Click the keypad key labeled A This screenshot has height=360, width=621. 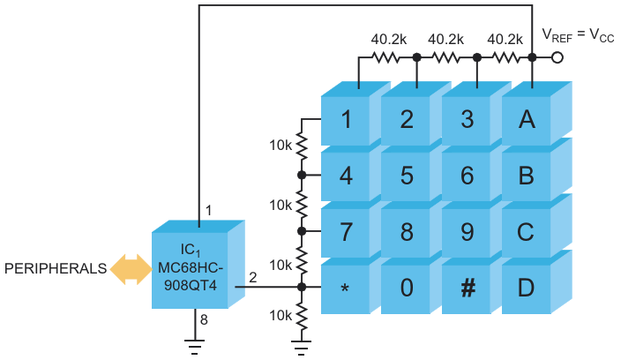(527, 120)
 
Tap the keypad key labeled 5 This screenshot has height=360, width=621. (407, 176)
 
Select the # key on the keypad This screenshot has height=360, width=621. (467, 288)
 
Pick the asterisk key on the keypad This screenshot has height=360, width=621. (347, 288)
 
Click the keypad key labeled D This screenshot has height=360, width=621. (527, 288)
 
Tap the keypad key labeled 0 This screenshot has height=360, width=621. (407, 288)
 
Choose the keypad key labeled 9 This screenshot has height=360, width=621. (467, 232)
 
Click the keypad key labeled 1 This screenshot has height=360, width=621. (347, 120)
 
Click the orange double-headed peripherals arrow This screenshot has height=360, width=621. (129, 268)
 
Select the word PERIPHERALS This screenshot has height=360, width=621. (53, 268)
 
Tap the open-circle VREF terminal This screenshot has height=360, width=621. (557, 58)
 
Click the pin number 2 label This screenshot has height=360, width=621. (253, 279)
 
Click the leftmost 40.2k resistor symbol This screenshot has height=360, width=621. (386, 58)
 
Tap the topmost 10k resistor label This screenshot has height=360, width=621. (281, 144)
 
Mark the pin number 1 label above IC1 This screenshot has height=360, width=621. (208, 210)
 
